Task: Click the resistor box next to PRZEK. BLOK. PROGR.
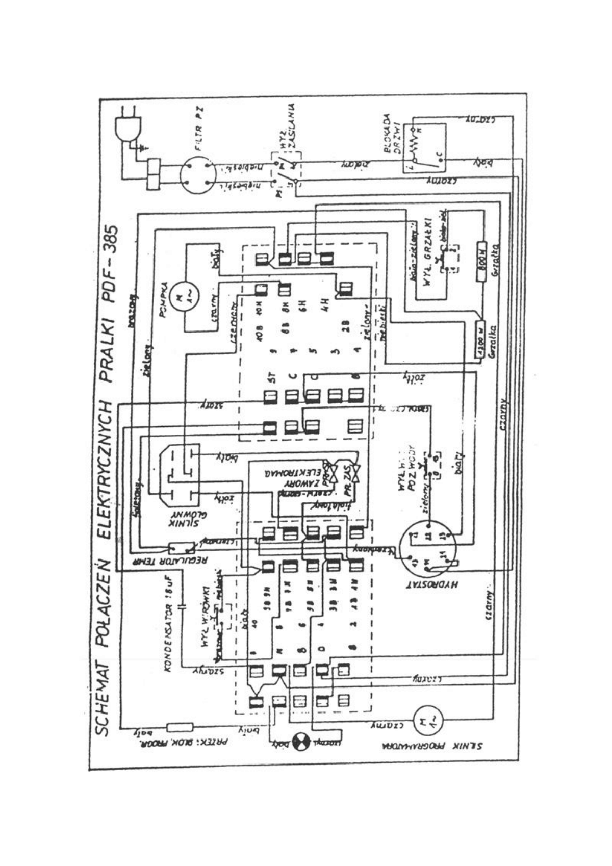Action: coord(180,727)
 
